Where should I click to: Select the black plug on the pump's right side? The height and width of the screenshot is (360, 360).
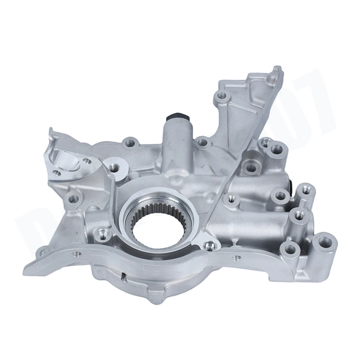[x=291, y=183]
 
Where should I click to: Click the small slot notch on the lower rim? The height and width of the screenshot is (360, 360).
[x=123, y=277]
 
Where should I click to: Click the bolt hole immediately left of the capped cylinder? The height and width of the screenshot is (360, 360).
[x=129, y=143]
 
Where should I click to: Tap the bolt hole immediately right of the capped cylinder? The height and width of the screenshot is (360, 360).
[x=202, y=142]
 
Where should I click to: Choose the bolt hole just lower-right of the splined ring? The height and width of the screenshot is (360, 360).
[x=207, y=246]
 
